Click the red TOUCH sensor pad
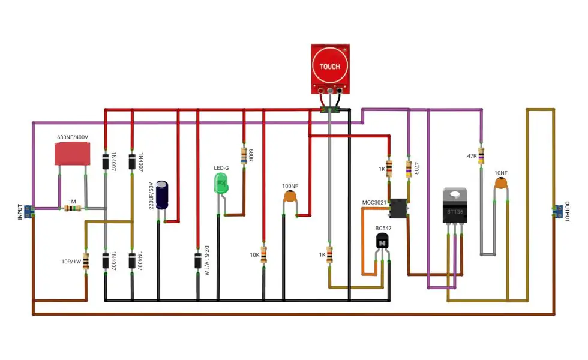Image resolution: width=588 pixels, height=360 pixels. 329,67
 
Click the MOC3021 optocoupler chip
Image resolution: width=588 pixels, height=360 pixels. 398,208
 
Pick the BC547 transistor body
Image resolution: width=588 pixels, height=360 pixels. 382,242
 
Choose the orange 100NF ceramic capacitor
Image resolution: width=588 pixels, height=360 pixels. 290,196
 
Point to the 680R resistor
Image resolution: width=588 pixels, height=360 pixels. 244,156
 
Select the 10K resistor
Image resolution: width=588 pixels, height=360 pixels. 263,256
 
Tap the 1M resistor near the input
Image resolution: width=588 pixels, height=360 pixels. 73,209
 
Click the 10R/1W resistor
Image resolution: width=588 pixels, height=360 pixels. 86,261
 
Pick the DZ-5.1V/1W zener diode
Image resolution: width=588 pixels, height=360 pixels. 197,260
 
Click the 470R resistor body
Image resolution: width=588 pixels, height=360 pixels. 409,169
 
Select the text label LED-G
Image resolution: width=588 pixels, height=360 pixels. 221,168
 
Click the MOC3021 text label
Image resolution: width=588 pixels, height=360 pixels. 374,203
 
